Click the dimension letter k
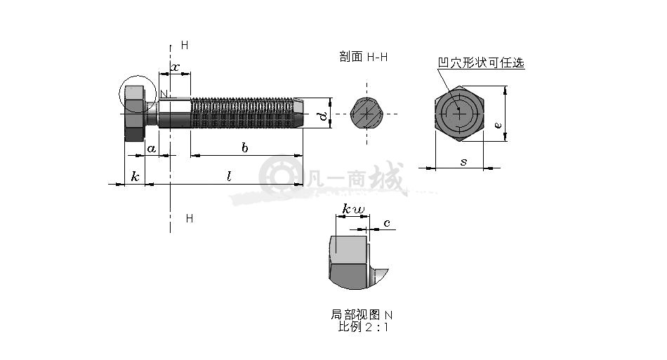[x=136, y=176]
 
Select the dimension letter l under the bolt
[x=229, y=176]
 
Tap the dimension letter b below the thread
[x=244, y=147]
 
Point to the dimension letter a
[x=152, y=149]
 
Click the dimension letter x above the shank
[x=176, y=67]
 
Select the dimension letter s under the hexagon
[x=463, y=162]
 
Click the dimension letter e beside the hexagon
[x=498, y=125]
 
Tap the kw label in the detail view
[x=353, y=209]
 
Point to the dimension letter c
[x=387, y=223]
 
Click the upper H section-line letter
[x=185, y=45]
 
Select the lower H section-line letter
[x=190, y=218]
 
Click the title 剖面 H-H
[x=364, y=57]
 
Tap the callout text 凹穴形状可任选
[x=481, y=63]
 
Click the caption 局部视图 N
[x=362, y=314]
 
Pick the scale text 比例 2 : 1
[x=363, y=327]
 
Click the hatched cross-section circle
[x=366, y=114]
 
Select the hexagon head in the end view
[x=459, y=114]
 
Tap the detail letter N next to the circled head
[x=164, y=94]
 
